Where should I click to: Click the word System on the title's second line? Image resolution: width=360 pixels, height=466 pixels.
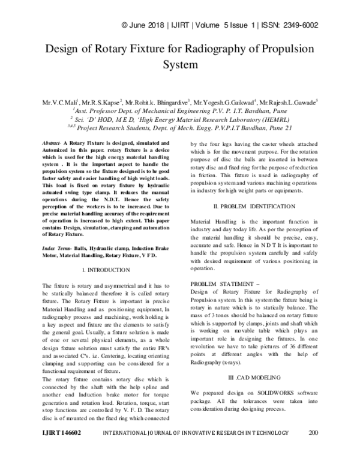coord(180,64)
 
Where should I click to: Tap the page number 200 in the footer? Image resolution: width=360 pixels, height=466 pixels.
coord(313,449)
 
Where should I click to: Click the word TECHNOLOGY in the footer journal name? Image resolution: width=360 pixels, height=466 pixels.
coord(259,449)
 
